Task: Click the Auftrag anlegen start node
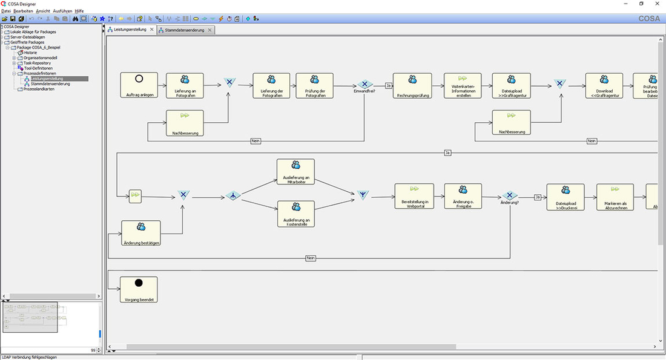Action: pos(139,85)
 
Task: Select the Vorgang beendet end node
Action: pos(139,289)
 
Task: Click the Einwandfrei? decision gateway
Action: pos(364,85)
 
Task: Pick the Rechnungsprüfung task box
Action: pos(412,85)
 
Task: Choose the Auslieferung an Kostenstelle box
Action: pos(295,213)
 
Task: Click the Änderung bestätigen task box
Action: pos(140,233)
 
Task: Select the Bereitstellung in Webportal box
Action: pos(414,195)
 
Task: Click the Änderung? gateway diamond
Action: pos(509,195)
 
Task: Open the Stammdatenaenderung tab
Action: pos(184,30)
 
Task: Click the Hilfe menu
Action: pos(79,11)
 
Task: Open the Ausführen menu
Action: pos(62,11)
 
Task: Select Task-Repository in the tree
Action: pos(37,63)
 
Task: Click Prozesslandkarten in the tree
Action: pos(38,89)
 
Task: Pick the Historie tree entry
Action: pos(30,53)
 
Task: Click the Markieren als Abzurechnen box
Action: pos(615,197)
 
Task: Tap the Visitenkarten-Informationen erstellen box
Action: pos(464,85)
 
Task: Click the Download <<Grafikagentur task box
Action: pos(604,85)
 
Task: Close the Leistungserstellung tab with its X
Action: pos(151,30)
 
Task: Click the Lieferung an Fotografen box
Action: pos(185,85)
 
